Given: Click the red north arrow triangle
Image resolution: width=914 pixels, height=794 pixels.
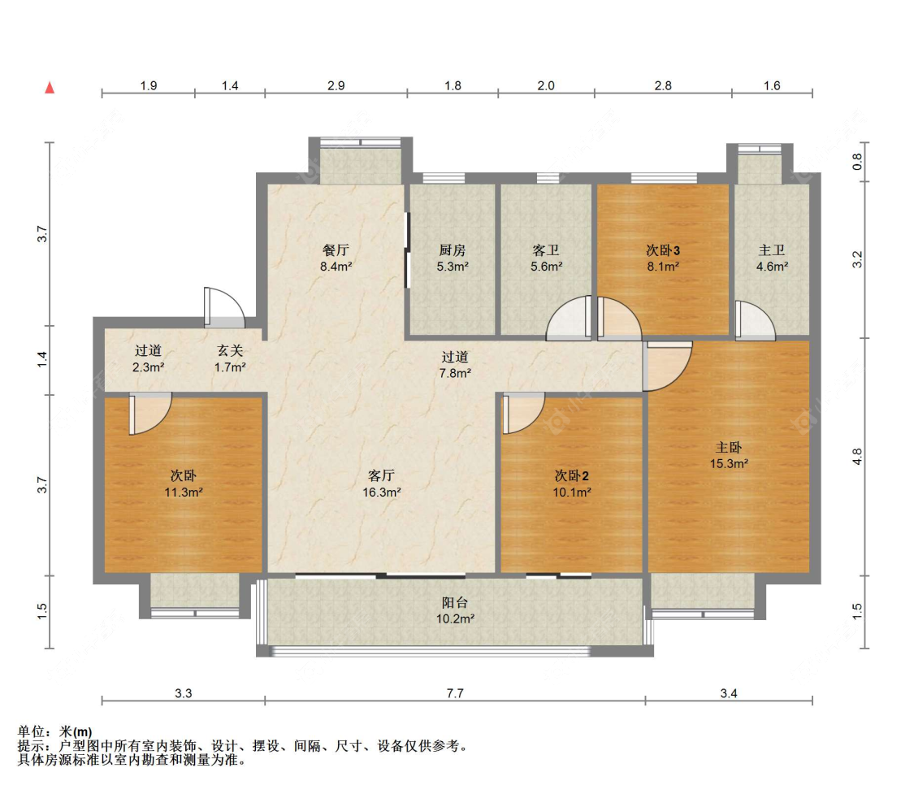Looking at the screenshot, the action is click(x=50, y=88).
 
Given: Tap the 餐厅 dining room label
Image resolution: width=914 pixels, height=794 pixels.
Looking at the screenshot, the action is click(x=336, y=250).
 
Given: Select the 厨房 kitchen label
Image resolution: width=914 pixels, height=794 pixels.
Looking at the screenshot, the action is click(x=453, y=250).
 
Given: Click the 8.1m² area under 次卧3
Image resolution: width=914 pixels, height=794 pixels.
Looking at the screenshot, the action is click(x=663, y=267).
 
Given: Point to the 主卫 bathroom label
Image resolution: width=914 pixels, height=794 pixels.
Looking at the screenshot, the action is click(x=772, y=250).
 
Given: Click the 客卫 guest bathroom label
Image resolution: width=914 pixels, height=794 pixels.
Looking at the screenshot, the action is click(x=546, y=250).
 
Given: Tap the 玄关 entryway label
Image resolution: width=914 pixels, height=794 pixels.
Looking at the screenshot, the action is click(x=230, y=350).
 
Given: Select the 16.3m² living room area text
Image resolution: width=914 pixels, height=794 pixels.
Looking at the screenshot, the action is click(x=382, y=492).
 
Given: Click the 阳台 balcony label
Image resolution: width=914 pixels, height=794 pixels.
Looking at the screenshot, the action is click(x=455, y=603).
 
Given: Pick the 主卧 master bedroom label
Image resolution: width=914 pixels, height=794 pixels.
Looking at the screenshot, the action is click(x=729, y=447).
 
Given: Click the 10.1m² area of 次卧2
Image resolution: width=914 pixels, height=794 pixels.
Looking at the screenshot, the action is click(x=572, y=492).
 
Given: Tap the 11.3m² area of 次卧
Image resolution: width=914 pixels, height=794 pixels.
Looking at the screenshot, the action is click(x=183, y=492).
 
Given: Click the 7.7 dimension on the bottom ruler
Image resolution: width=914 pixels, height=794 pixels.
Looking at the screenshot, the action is click(x=455, y=693).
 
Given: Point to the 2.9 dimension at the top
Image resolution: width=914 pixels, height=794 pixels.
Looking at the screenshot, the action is click(x=336, y=85).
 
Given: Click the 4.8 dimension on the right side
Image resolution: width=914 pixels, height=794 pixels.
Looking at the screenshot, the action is click(x=857, y=457).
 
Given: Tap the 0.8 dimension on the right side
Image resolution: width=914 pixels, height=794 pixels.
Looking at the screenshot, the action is click(x=857, y=162).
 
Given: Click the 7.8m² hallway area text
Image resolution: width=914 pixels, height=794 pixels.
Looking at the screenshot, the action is click(x=455, y=373).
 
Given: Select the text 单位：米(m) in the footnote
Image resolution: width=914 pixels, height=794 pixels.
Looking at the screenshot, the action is click(x=54, y=731).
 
